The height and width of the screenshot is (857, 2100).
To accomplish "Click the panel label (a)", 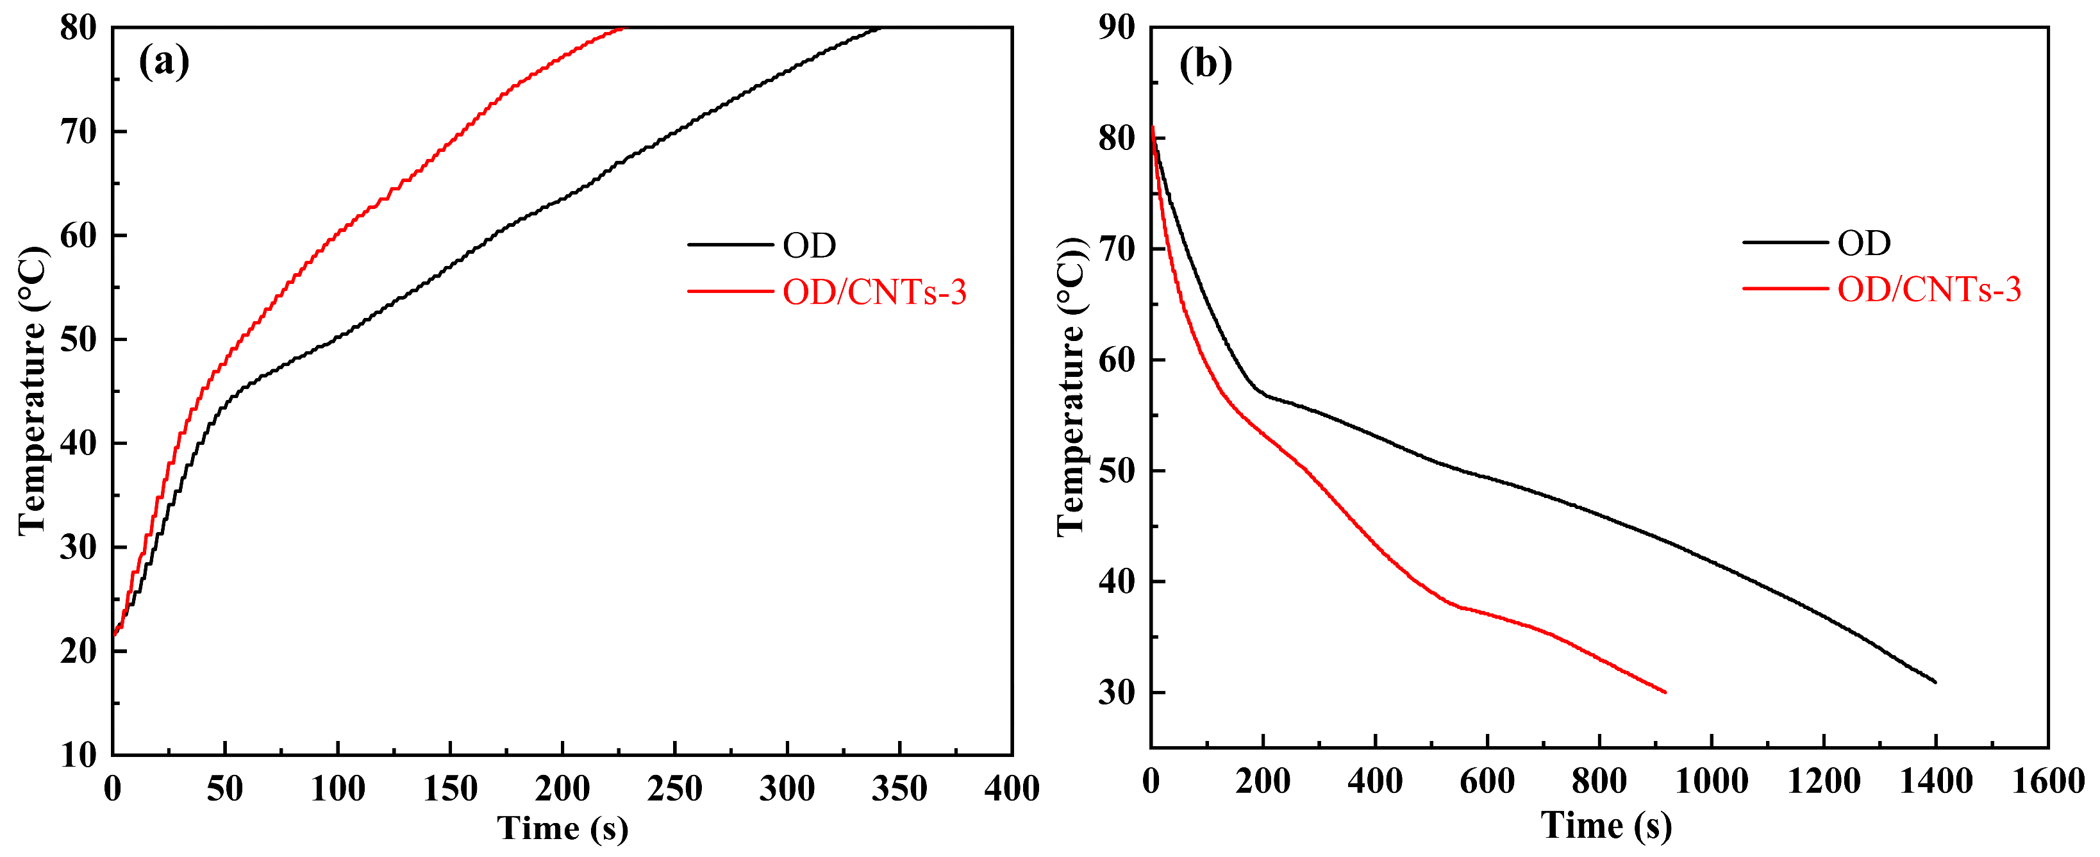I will (x=164, y=62).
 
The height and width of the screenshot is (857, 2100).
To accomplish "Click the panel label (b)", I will (x=1205, y=63).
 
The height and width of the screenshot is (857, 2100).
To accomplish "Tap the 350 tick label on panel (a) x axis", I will (x=899, y=788).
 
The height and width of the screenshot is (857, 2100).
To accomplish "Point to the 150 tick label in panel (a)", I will (x=450, y=788).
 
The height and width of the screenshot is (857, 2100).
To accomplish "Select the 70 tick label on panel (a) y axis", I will (x=78, y=131).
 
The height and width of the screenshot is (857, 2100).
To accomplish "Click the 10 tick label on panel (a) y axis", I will (x=78, y=755).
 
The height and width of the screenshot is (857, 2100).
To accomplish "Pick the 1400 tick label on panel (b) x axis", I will (x=1935, y=781).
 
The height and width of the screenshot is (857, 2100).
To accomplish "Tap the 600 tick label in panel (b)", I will (x=1487, y=781).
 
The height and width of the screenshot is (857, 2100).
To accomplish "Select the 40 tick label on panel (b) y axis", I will (x=1117, y=581).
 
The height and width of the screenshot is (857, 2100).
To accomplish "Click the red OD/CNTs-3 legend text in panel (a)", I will (x=874, y=292).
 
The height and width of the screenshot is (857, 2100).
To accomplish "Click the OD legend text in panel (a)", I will (x=809, y=245).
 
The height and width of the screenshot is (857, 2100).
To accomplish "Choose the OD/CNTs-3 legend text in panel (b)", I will (x=1929, y=290).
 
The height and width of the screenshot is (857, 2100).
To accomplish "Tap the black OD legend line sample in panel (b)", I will (x=1785, y=243).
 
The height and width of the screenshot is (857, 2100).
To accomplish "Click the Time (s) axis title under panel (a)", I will (x=563, y=828).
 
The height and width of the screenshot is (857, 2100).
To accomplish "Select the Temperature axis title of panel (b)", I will (x=1071, y=387).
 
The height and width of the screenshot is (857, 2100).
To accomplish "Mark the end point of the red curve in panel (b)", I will (x=1665, y=692).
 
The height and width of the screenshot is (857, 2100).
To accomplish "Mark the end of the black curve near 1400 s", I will (x=1935, y=681).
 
